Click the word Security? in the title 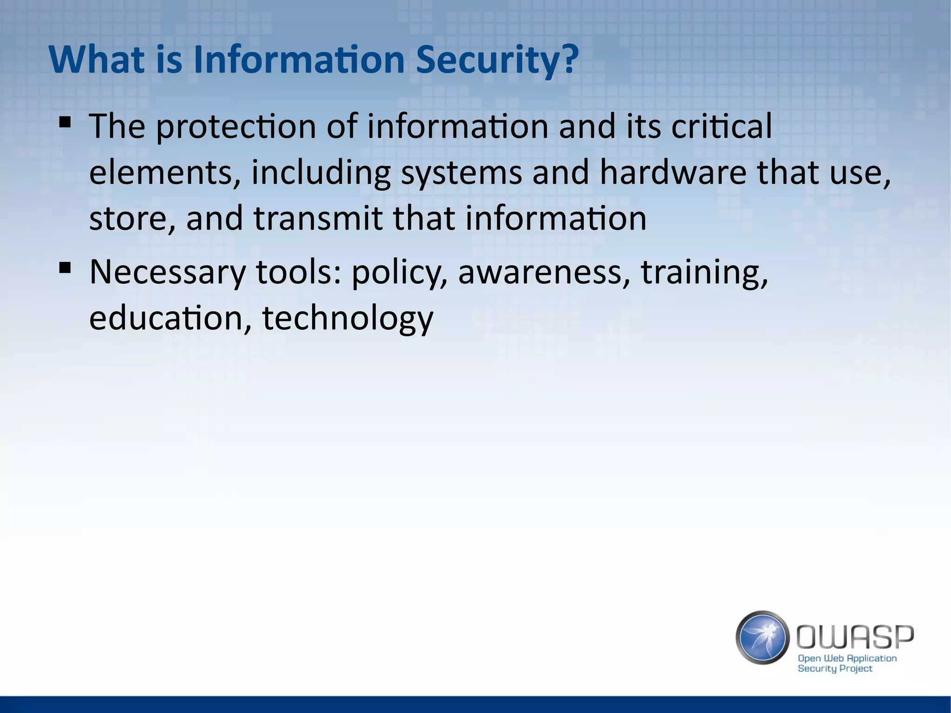[x=497, y=60]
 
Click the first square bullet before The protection [x=65, y=123]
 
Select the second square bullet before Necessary [x=65, y=268]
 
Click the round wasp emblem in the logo [x=762, y=637]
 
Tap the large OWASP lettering [x=855, y=637]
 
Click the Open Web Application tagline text [x=847, y=658]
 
